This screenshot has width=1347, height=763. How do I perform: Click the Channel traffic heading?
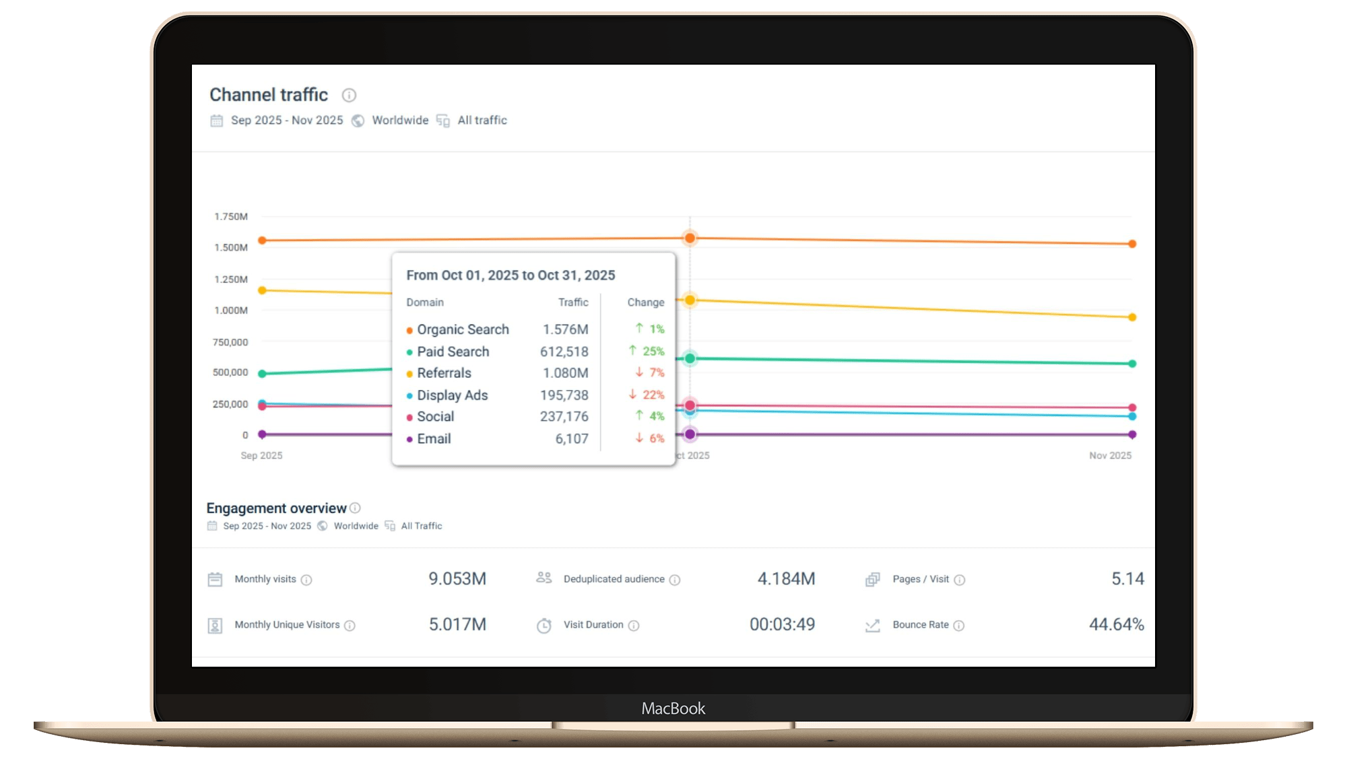point(268,95)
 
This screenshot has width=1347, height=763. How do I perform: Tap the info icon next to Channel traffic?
point(349,95)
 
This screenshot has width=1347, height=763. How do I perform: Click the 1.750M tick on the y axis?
point(231,216)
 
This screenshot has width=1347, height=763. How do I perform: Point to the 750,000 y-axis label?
point(230,342)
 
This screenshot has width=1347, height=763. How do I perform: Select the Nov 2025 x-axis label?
point(1110,455)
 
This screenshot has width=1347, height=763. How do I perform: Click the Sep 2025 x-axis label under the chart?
point(261,455)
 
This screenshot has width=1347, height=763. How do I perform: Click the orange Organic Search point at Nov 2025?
point(1132,244)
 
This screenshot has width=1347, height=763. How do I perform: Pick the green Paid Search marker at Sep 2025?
point(263,373)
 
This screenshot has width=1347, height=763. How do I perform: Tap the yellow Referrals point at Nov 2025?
point(1132,317)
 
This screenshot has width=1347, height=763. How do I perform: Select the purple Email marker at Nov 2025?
point(1132,434)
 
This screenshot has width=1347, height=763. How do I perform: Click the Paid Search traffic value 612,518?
point(564,352)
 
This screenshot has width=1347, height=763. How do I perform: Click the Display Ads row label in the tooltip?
point(452,395)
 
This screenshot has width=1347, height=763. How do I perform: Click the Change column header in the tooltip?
point(645,302)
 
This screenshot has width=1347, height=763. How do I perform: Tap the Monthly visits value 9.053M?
point(457,578)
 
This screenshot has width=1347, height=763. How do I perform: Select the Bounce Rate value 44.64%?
point(1116,624)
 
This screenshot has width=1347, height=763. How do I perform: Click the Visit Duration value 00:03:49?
point(782,624)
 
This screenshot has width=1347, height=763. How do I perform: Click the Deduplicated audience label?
point(614,579)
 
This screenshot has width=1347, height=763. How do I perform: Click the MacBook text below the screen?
point(673,708)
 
